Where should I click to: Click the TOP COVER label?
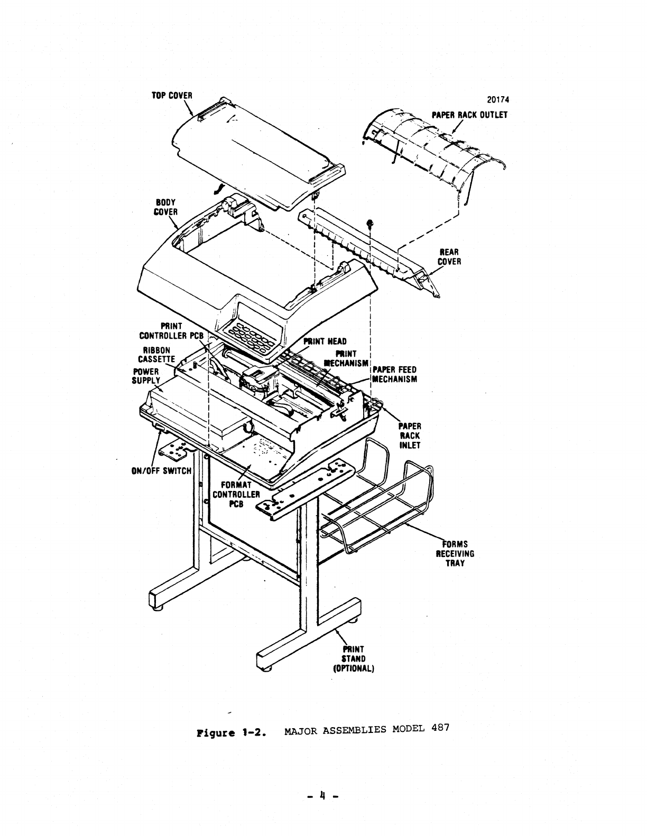point(172,96)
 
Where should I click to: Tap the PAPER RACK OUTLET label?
point(469,115)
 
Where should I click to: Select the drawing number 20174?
point(498,100)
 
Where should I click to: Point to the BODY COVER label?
point(165,207)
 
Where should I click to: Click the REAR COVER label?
point(449,257)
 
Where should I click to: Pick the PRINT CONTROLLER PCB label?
point(171,331)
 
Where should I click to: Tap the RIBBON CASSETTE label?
point(156,355)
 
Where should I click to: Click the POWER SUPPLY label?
point(146,376)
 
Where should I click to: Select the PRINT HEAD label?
point(325,341)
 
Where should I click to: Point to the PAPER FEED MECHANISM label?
point(395,374)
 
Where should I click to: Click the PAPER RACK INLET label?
point(410,435)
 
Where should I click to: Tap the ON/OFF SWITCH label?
point(161,470)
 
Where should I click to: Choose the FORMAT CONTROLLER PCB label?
point(236,495)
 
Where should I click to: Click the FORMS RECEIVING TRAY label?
point(455,554)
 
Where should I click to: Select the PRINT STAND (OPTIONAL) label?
point(354,658)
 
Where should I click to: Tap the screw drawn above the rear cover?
point(369,223)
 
